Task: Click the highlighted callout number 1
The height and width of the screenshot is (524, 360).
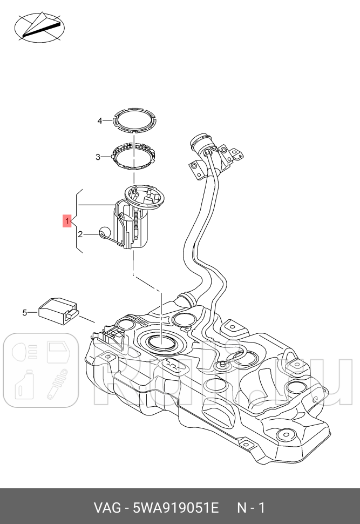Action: [67, 221]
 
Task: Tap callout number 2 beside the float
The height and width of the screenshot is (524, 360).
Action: [80, 234]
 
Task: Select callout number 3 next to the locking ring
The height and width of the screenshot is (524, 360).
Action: [98, 157]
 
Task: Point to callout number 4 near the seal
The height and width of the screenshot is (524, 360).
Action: [99, 121]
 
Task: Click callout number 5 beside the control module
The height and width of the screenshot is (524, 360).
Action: [24, 312]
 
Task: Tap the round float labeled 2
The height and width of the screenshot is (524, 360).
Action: [104, 233]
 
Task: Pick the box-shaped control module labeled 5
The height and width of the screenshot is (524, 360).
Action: [59, 310]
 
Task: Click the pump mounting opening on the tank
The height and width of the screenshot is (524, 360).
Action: [161, 340]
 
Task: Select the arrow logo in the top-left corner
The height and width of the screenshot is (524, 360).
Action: [39, 27]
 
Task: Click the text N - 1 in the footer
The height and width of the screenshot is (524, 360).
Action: [251, 508]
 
